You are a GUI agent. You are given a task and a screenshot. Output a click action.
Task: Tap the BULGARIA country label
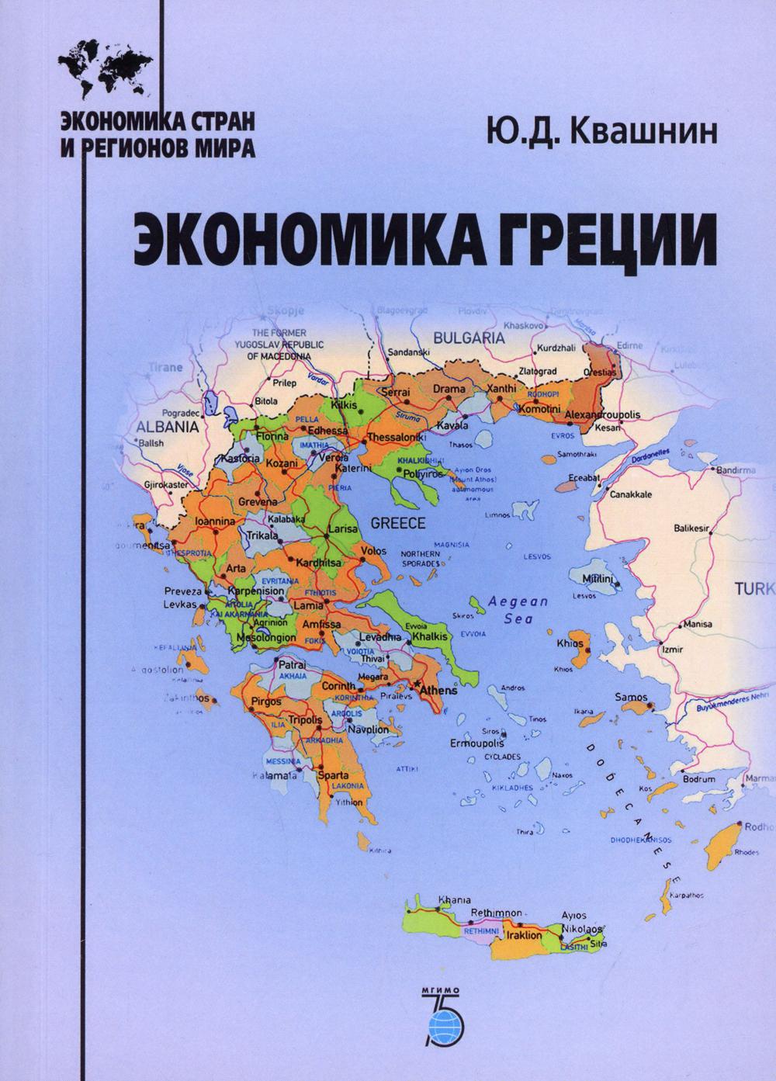(x=469, y=338)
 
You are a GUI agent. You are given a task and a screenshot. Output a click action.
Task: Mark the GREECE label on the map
(x=398, y=523)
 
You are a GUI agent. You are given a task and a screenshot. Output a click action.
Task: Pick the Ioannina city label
(x=215, y=522)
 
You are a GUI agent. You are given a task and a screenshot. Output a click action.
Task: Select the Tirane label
(x=165, y=367)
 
